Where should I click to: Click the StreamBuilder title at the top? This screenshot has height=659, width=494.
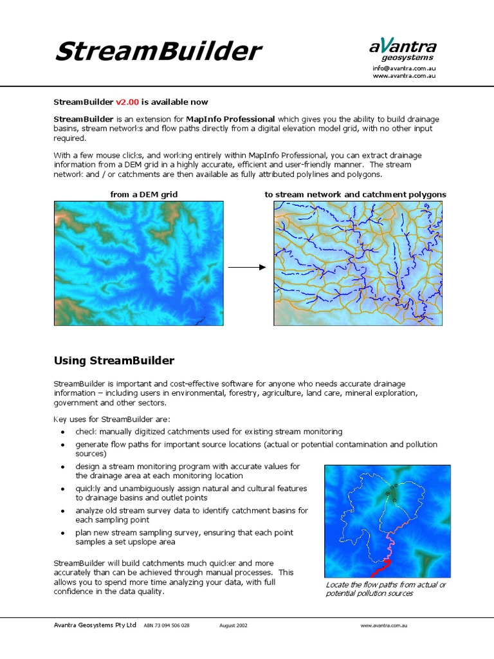(x=158, y=51)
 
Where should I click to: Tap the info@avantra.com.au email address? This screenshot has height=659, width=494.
(x=404, y=68)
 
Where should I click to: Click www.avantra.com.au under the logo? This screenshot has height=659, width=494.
(x=405, y=76)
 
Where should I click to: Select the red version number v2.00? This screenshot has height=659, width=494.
(x=127, y=102)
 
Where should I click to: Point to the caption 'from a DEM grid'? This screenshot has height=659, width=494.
(x=144, y=194)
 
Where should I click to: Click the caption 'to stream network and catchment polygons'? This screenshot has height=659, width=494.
(x=355, y=194)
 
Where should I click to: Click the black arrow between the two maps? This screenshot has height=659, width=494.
(x=248, y=267)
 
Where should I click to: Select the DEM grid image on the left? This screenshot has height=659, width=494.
(x=139, y=263)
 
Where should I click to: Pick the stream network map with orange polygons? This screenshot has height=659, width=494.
(x=358, y=263)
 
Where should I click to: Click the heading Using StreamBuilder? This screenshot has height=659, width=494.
(x=114, y=360)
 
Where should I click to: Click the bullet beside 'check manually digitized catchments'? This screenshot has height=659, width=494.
(x=62, y=432)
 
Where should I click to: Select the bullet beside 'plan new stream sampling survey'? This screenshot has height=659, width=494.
(x=62, y=534)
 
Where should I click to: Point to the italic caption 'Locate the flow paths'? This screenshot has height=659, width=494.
(x=385, y=589)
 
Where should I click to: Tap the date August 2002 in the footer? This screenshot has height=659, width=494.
(x=233, y=625)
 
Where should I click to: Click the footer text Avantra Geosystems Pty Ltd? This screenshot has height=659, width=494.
(x=95, y=625)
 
